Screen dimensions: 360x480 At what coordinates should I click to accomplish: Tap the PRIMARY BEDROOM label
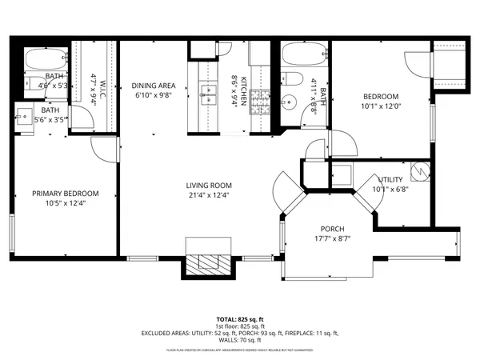[x=66, y=194]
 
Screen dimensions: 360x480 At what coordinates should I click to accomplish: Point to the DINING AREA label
[x=154, y=85]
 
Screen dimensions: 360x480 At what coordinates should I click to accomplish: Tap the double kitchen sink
[x=210, y=94]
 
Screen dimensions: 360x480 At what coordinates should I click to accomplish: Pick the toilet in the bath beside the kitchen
[x=292, y=80]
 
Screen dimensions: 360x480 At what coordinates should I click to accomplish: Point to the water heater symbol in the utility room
[x=419, y=170]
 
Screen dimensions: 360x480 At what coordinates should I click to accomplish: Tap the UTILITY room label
[x=390, y=180]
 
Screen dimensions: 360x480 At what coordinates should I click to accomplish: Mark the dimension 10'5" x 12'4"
[x=66, y=203]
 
